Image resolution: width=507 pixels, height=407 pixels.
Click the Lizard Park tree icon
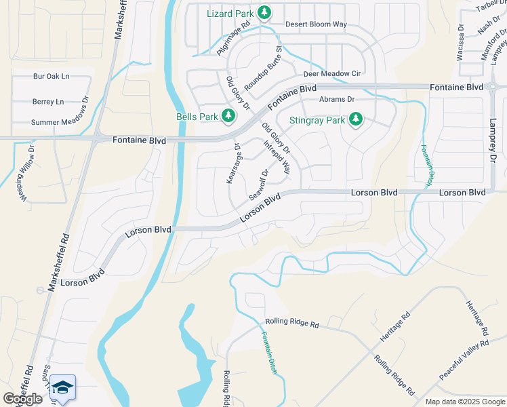264,12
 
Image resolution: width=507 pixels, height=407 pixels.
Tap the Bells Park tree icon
228,117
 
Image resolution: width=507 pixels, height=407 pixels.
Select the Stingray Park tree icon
355,121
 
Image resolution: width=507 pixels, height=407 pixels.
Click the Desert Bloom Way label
316,24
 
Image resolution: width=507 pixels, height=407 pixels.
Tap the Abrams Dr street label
337,99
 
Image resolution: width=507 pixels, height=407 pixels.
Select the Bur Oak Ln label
51,77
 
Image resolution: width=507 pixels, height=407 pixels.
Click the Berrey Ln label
47,102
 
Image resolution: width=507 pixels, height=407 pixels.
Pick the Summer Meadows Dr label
60,122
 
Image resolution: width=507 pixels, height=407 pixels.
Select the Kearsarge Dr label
233,163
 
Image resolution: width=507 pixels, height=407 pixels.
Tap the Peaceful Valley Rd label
464,360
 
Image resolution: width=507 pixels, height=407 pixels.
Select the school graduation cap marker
62,388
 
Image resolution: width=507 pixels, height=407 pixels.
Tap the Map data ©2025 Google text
464,402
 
